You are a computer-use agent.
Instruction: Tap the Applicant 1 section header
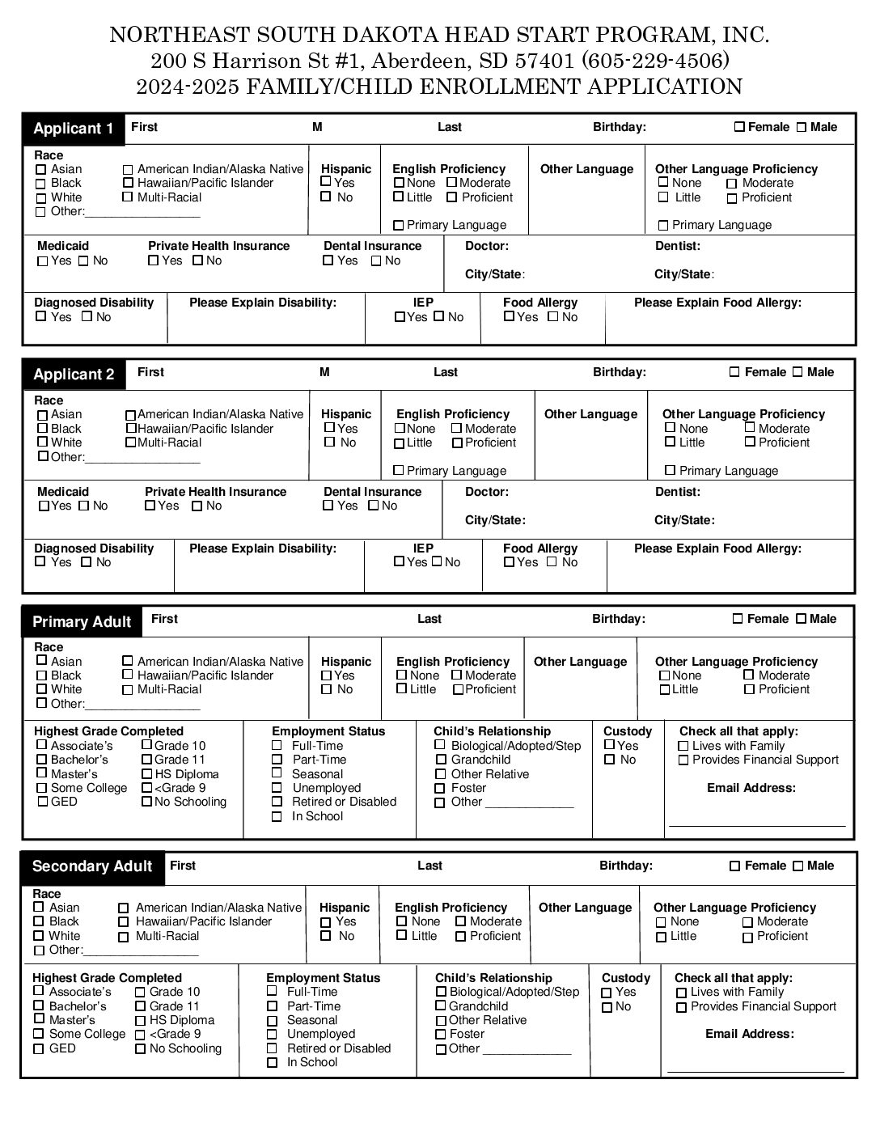click(74, 129)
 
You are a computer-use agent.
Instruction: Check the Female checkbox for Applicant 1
click(739, 127)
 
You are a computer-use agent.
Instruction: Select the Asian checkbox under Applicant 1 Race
click(41, 170)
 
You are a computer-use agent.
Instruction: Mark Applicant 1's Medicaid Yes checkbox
click(42, 261)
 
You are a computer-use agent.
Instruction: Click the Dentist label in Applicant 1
click(677, 246)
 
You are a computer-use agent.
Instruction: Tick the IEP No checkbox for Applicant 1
click(438, 317)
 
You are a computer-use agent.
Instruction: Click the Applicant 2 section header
click(74, 375)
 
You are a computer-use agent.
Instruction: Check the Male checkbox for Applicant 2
click(797, 372)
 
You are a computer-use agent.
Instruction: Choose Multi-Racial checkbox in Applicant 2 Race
click(130, 443)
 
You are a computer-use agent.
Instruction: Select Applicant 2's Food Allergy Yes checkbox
click(509, 562)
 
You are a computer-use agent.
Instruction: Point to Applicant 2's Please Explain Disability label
click(262, 548)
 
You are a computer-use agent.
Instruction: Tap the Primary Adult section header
click(82, 622)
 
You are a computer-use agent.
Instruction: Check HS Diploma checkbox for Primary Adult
click(146, 774)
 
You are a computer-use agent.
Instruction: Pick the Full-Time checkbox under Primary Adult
click(277, 746)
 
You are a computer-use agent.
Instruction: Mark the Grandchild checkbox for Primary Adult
click(441, 760)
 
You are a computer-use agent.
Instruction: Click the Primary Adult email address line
click(756, 824)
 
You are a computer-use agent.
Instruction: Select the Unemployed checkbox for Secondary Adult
click(273, 1035)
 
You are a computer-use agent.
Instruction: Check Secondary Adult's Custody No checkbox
click(607, 1008)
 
